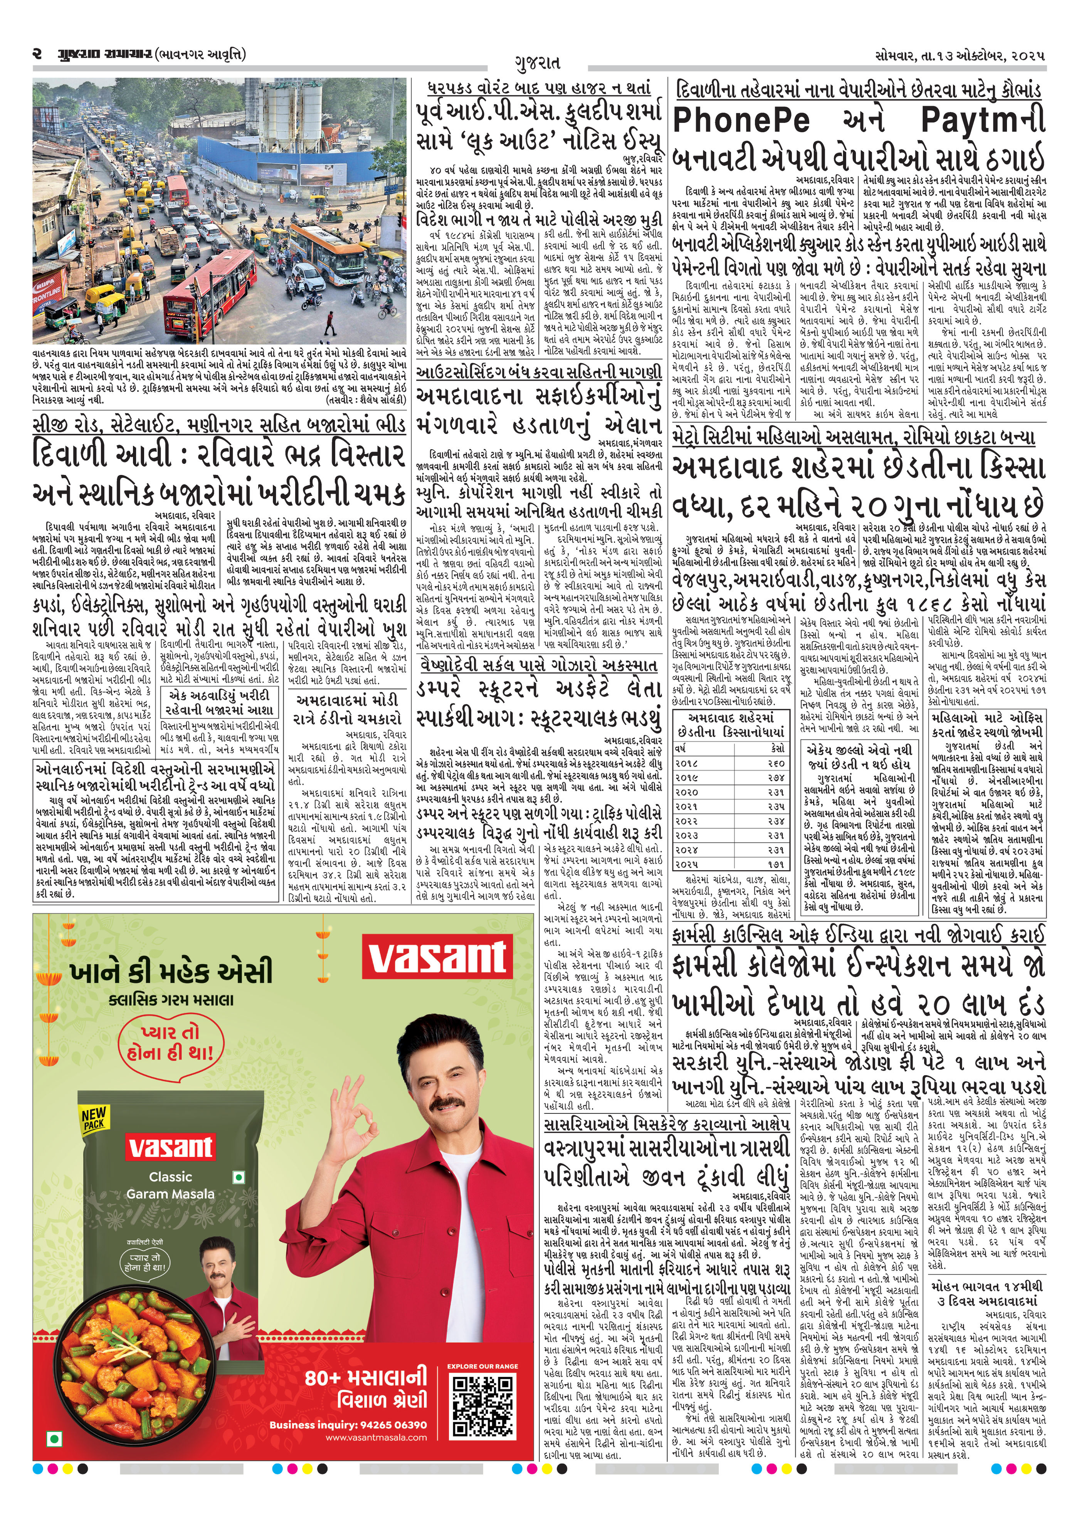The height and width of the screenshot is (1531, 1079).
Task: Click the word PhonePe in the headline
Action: (x=741, y=121)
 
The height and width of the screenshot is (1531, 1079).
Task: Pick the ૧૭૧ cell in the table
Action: (x=776, y=863)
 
